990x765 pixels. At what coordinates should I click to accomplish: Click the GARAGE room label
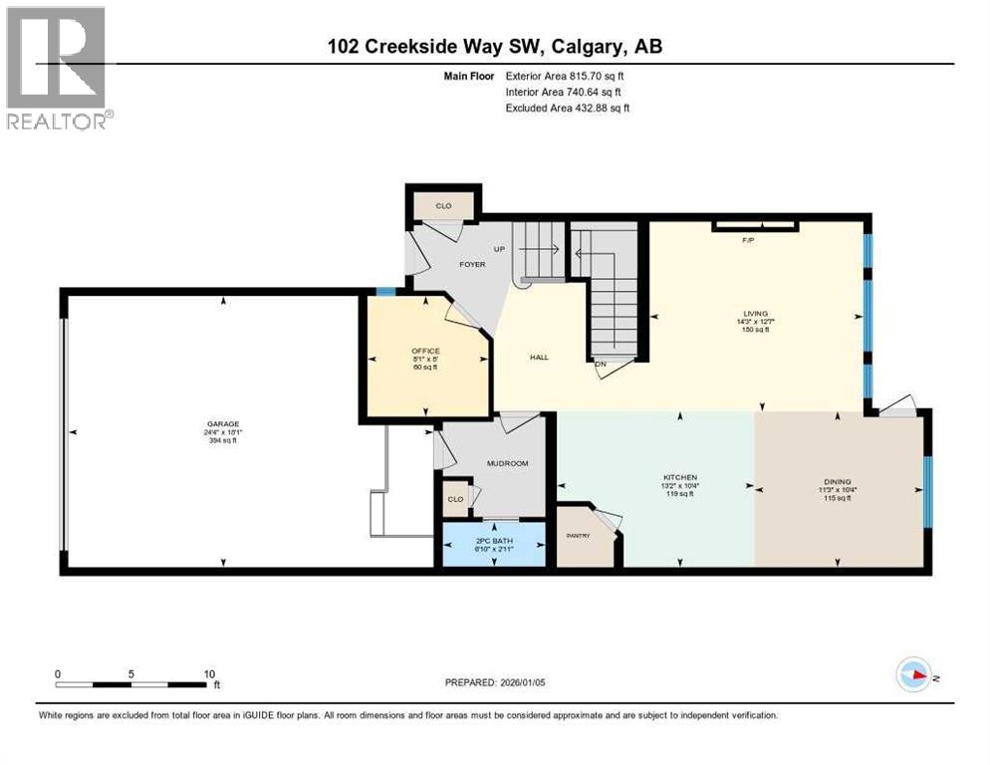(222, 424)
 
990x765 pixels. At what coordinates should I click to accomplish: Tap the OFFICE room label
(425, 351)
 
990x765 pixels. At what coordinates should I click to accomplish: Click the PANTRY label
(579, 536)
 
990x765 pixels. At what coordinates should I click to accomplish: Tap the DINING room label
(837, 482)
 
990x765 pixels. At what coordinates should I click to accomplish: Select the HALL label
(539, 357)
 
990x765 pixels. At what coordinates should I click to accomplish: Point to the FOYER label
(471, 264)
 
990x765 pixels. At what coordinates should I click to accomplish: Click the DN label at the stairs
(601, 364)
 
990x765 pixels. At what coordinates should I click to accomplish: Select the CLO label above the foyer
(443, 206)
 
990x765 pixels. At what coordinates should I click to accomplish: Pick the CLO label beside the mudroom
(455, 499)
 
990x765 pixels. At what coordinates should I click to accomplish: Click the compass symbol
(913, 674)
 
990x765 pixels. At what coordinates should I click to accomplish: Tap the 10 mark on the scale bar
(209, 673)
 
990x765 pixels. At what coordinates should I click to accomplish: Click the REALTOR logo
(57, 68)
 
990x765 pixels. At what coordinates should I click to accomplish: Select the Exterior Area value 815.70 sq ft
(598, 76)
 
